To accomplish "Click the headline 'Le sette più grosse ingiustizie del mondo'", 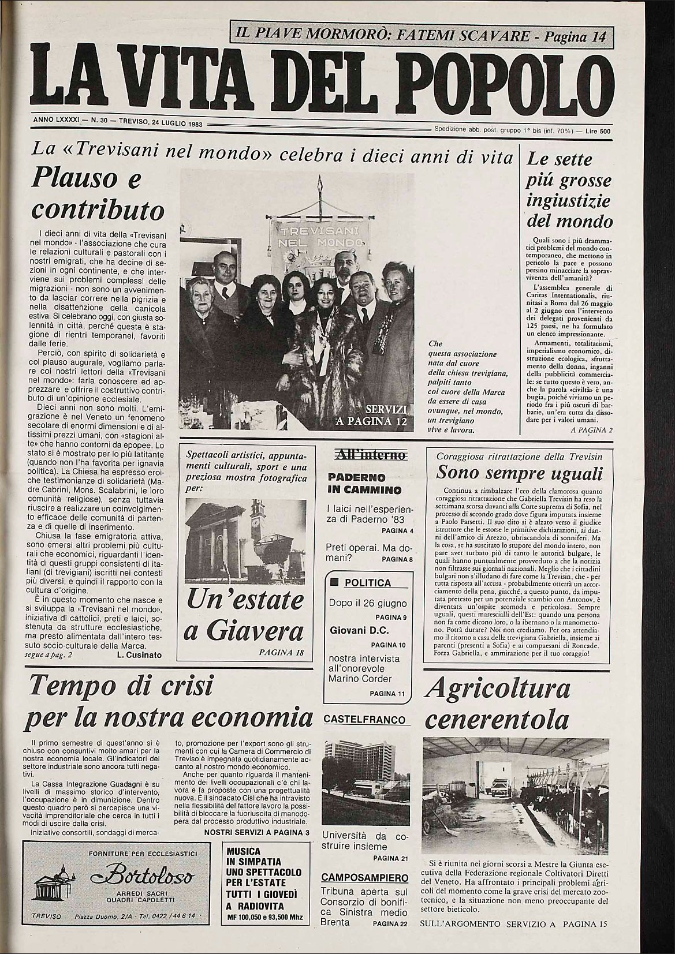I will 569,190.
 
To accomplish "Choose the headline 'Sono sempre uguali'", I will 519,473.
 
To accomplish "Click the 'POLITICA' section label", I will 367,582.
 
